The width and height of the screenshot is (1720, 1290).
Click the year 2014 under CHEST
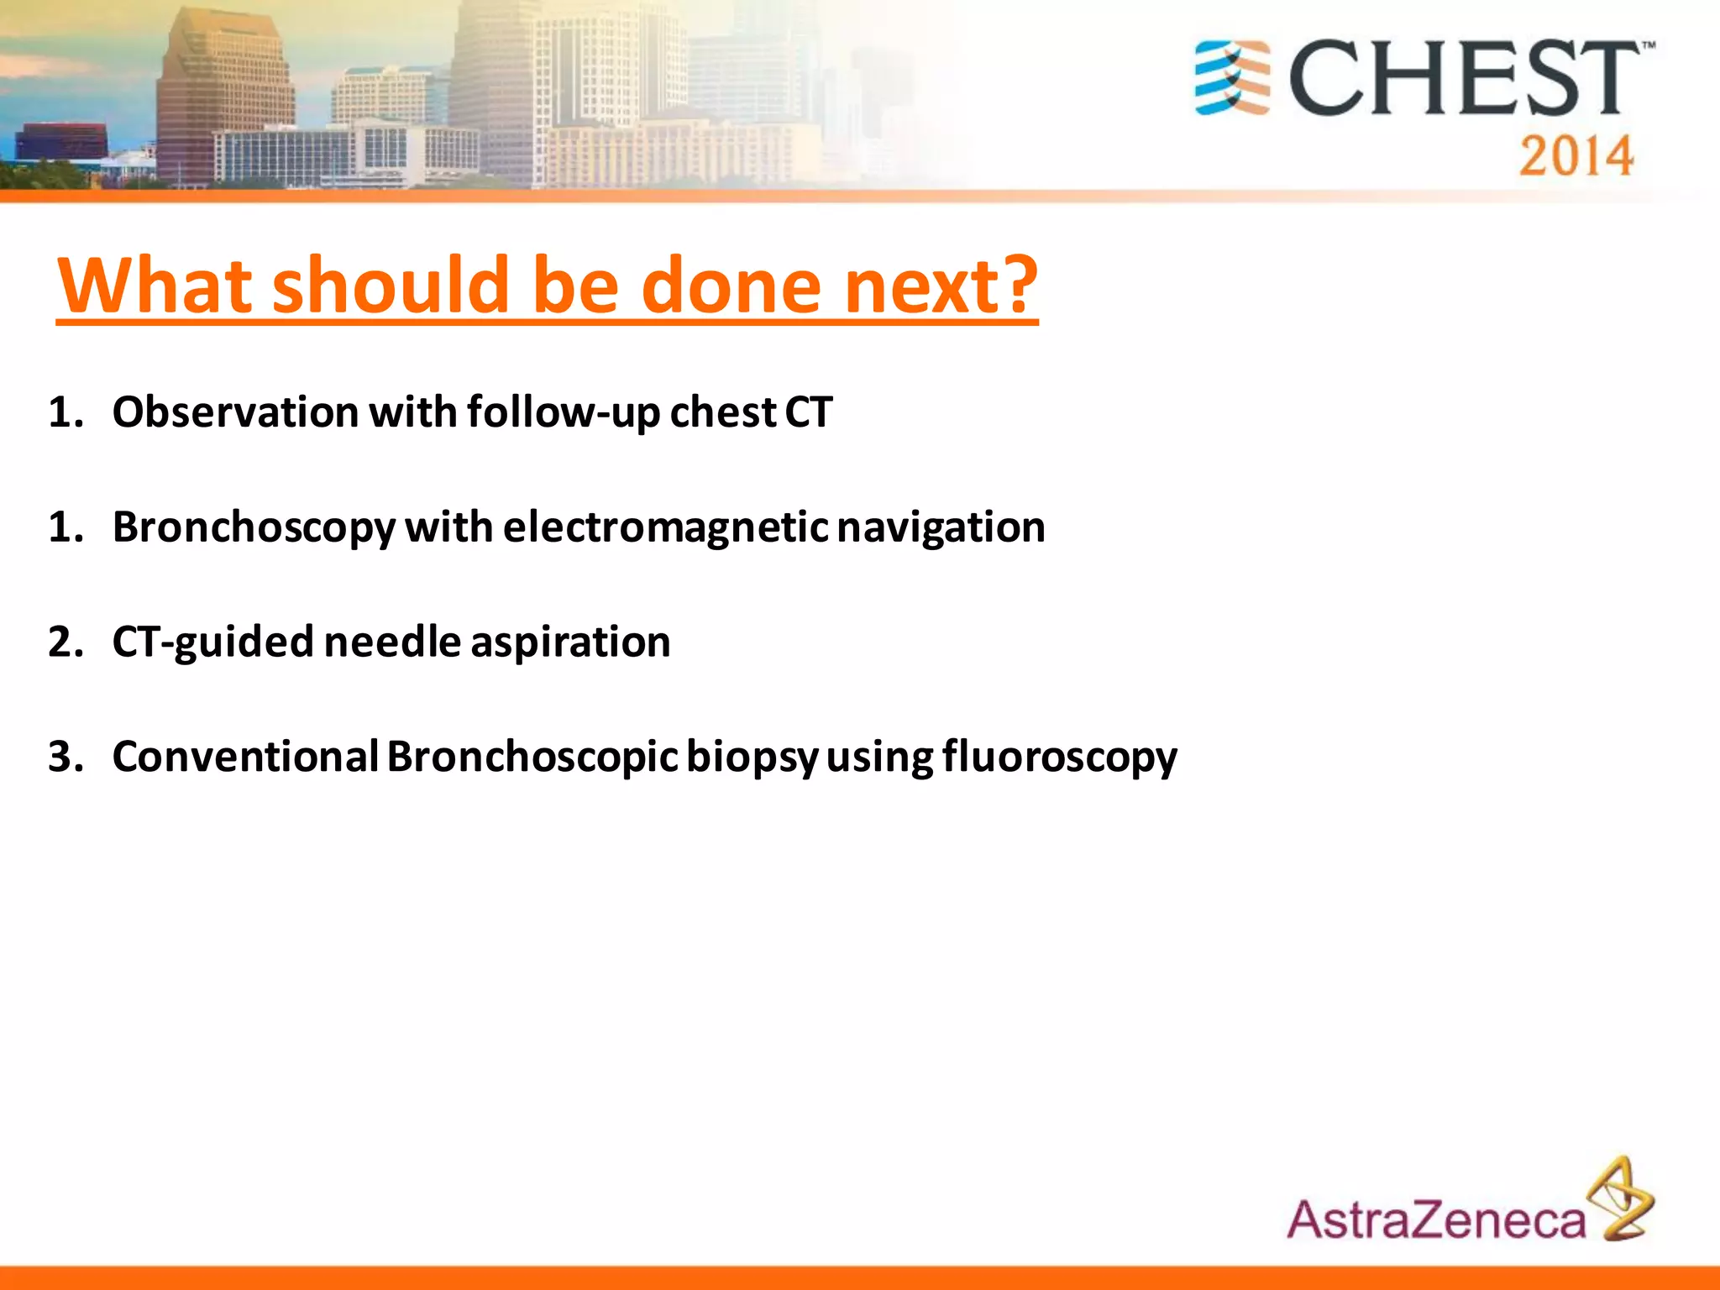(x=1576, y=156)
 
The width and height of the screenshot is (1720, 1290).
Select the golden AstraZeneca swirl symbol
(x=1622, y=1199)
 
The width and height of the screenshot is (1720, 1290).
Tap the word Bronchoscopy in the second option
(x=254, y=528)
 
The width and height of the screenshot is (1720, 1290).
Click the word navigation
(x=941, y=528)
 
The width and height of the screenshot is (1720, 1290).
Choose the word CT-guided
(x=212, y=642)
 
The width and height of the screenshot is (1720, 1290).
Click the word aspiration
(x=570, y=642)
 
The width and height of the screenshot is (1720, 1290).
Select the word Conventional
(x=245, y=756)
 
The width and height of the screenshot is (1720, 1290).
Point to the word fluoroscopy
(x=1059, y=758)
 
